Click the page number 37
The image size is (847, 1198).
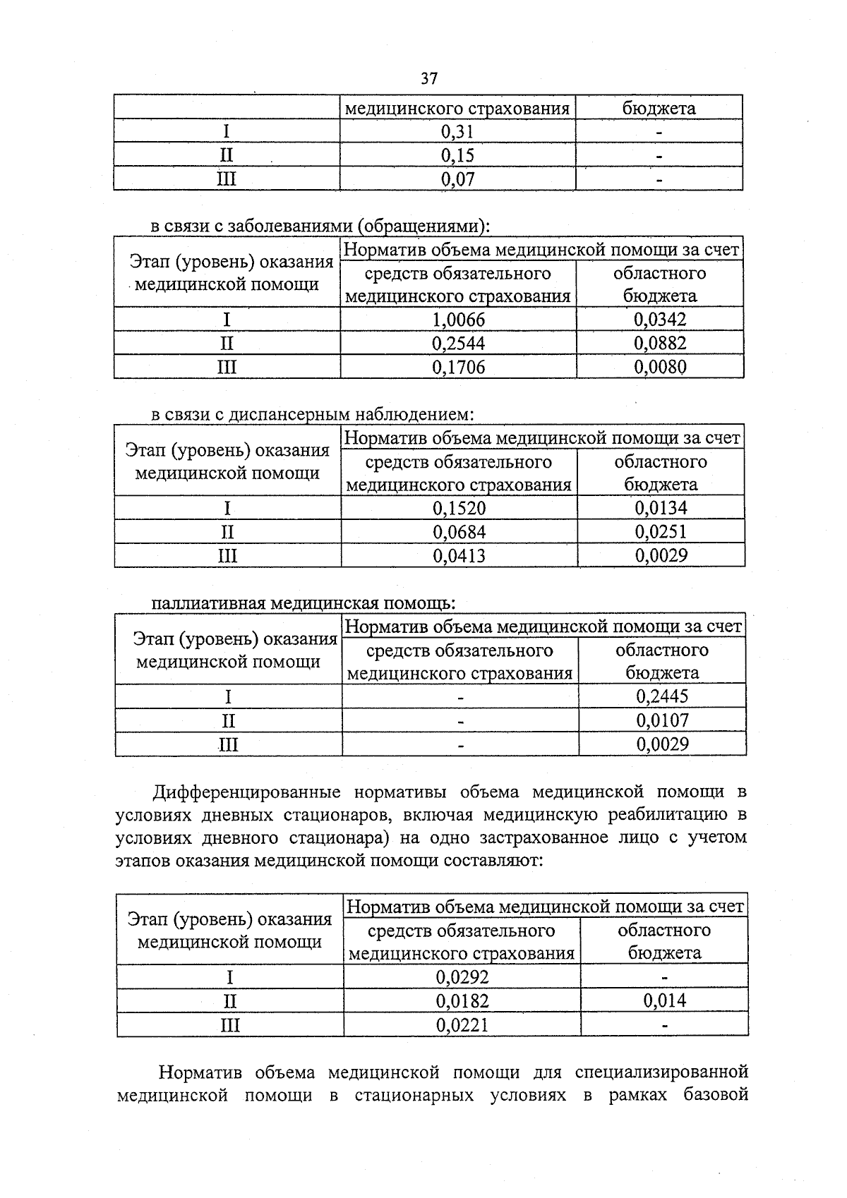click(429, 78)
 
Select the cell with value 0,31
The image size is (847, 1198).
click(457, 131)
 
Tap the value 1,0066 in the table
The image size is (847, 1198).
click(459, 320)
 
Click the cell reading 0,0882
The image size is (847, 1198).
click(660, 343)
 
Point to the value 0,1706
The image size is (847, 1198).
click(459, 367)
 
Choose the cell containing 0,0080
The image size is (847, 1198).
click(660, 367)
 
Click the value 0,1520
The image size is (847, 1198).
click(459, 508)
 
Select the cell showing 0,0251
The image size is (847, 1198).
click(661, 531)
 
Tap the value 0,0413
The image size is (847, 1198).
click(459, 555)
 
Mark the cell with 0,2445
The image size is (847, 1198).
click(662, 696)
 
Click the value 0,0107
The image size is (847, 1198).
click(662, 720)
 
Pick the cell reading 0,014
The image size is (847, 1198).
click(664, 1000)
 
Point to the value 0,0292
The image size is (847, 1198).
click(462, 976)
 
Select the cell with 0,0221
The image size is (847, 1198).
click(462, 1024)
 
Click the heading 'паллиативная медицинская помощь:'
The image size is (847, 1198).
click(304, 603)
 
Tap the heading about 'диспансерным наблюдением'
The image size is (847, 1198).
click(312, 414)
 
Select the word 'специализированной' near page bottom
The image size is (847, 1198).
click(661, 1072)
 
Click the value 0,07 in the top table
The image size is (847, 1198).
click(457, 179)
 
